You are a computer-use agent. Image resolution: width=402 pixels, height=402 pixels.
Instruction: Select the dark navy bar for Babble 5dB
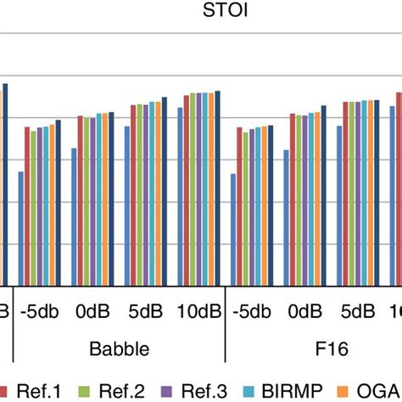click(x=165, y=193)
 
